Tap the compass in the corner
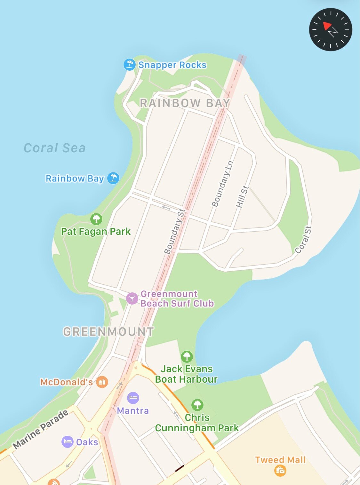331,29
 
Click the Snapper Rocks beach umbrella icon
129,65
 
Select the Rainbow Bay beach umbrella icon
113,178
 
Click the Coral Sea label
55,148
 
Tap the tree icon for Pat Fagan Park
96,219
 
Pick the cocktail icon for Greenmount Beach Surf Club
132,298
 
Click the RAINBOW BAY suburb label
185,103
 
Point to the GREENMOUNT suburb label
108,332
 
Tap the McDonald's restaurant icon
102,382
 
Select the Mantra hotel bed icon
133,398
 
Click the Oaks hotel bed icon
67,442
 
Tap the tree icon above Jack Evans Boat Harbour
187,356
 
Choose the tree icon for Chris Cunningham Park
197,405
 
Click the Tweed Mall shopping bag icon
280,470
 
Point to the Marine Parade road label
41,429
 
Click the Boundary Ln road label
222,184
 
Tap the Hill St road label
242,196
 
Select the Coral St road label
303,240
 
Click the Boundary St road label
174,231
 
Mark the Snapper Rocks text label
172,65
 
